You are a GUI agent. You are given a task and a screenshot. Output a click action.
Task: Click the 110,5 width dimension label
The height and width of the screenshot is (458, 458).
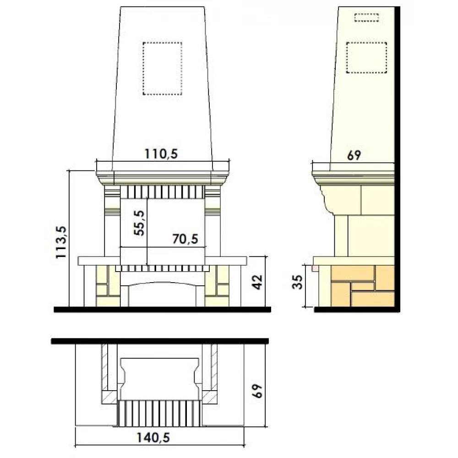click(x=161, y=154)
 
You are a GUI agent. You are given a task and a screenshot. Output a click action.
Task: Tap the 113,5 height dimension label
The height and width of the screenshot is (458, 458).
click(x=62, y=242)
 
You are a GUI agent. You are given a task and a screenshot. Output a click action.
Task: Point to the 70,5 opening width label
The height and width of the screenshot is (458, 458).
click(x=185, y=239)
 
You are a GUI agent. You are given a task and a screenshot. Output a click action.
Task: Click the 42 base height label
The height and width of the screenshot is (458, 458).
click(x=257, y=282)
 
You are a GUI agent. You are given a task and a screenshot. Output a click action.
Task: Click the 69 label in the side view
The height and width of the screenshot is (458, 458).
click(x=354, y=155)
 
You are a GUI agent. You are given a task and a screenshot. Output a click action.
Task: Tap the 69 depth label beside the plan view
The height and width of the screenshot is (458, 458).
click(x=257, y=391)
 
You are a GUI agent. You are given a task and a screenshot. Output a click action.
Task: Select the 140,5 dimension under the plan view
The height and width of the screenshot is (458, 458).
click(x=153, y=438)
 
